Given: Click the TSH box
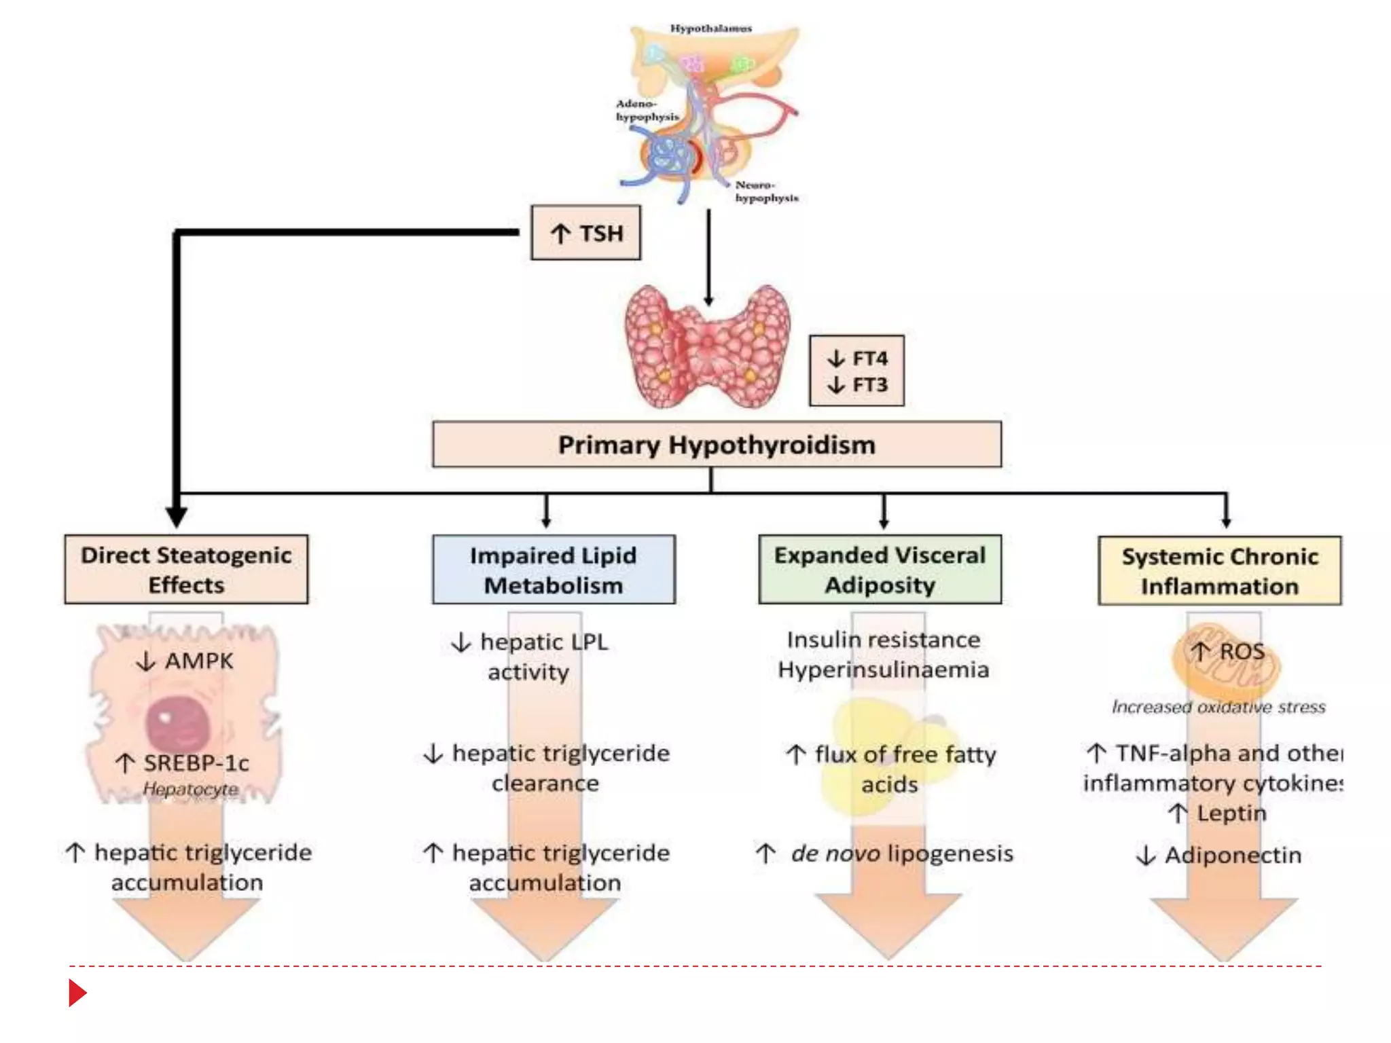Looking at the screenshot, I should (x=585, y=233).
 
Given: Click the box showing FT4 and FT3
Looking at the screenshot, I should (x=856, y=371).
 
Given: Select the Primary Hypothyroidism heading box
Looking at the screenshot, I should (x=717, y=445).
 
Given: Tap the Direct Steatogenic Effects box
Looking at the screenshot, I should (x=186, y=570).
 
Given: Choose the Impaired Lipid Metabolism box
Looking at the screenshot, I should (x=554, y=570).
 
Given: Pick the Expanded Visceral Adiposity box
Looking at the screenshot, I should (x=880, y=570).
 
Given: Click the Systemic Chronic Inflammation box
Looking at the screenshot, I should (x=1219, y=571).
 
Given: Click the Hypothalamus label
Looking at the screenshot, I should (x=710, y=29).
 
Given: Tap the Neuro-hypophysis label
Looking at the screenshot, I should (x=765, y=191).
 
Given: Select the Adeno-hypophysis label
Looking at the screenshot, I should (x=646, y=110).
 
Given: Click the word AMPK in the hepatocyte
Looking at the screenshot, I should (x=198, y=661).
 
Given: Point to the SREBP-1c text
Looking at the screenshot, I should (x=196, y=763).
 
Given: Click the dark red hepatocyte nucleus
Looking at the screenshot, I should (x=178, y=722).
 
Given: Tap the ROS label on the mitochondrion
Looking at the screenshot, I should (x=1242, y=652).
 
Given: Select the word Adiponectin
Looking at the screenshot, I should (x=1233, y=856).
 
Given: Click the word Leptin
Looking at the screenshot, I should (x=1231, y=813).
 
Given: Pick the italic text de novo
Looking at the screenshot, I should (x=835, y=854).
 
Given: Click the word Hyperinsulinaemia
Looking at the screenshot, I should (x=883, y=670).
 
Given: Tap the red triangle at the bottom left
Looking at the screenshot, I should (x=77, y=993).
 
